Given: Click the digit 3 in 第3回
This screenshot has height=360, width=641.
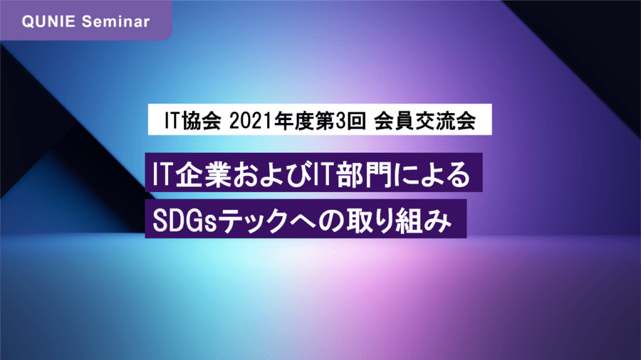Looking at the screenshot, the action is (x=340, y=121).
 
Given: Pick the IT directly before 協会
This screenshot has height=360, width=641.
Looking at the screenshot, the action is (x=172, y=121).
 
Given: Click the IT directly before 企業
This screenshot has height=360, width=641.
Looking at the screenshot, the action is (x=162, y=174).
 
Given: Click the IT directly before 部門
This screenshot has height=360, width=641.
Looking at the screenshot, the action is (x=320, y=174).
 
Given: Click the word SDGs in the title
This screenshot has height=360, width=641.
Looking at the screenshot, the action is (x=184, y=221).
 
